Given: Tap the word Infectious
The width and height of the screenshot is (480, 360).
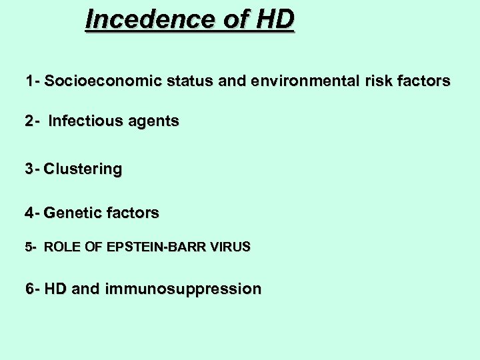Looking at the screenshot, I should [x=81, y=121].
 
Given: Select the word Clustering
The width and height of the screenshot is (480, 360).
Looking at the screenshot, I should [x=83, y=169].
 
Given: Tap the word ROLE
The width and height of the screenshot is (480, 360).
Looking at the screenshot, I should [x=62, y=247].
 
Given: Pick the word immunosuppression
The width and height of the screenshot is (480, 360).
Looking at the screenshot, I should [x=183, y=289].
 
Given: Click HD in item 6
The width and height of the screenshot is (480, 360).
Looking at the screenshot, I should [x=55, y=289].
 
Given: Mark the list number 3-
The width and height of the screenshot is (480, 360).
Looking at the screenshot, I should [x=32, y=169].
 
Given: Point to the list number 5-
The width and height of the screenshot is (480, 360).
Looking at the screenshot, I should [x=31, y=247].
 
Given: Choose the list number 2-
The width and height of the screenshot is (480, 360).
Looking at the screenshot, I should [x=32, y=121].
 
